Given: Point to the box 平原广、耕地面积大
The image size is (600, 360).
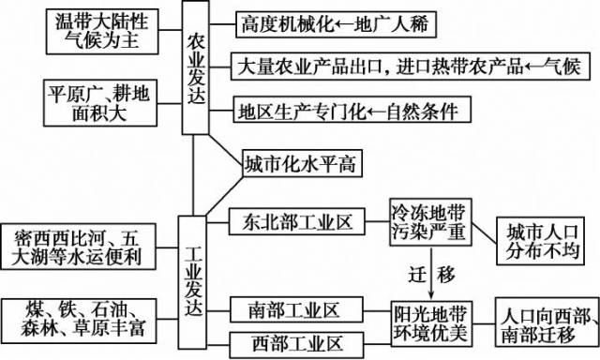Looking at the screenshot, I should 97,103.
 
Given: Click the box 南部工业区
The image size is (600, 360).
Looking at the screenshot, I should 293,308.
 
